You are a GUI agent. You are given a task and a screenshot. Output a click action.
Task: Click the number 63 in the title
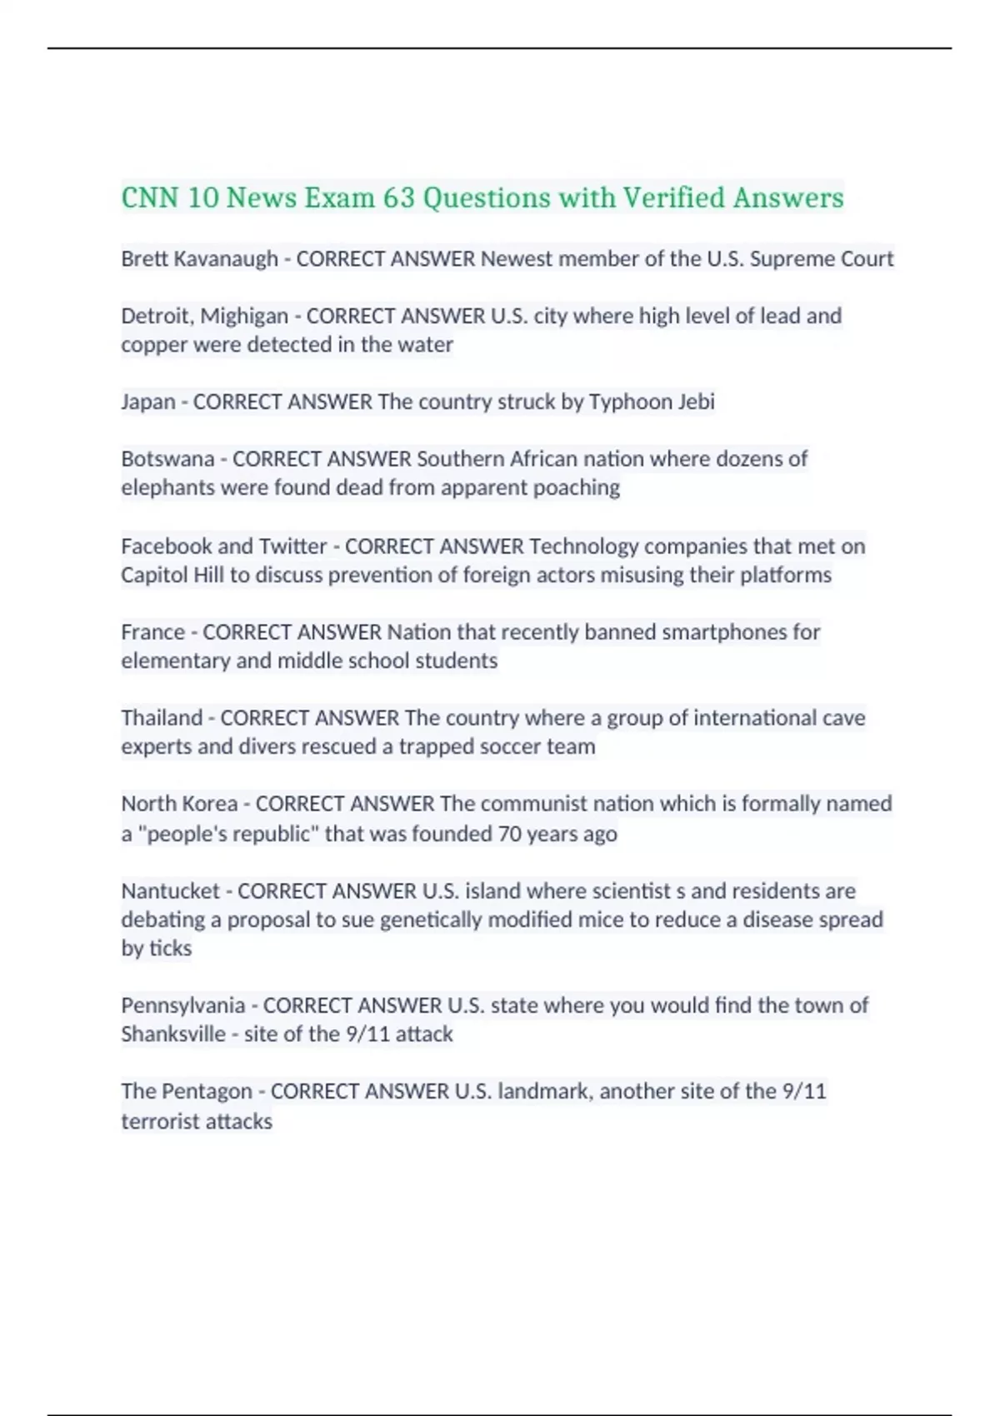tap(398, 198)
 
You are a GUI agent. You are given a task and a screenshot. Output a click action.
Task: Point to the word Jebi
tap(696, 401)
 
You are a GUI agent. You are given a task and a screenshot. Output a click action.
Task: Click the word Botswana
tap(167, 459)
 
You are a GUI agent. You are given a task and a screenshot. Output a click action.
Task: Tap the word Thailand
tap(162, 718)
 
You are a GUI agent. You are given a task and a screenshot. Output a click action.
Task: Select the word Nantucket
tap(170, 891)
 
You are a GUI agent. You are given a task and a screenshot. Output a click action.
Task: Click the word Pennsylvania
tap(182, 1005)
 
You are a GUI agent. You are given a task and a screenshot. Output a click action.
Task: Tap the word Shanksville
tap(173, 1035)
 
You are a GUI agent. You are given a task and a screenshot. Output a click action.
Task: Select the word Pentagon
tap(206, 1091)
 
